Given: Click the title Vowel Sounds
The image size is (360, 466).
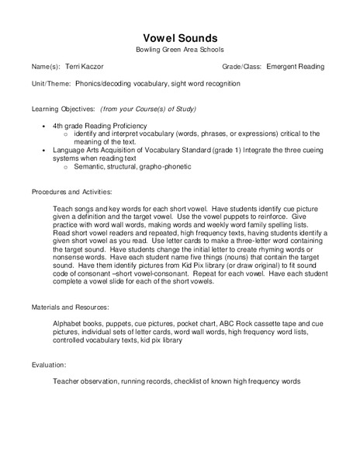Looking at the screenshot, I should [180, 38].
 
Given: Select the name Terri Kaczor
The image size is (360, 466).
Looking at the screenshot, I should [83, 68].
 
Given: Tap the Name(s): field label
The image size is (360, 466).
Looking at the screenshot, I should [47, 68].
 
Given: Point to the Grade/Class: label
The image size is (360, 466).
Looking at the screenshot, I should [241, 68].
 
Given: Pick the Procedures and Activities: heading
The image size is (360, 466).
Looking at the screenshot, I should [72, 191].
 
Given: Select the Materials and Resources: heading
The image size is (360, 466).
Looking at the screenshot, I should [72, 306].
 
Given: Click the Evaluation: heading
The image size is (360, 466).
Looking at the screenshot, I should [50, 363].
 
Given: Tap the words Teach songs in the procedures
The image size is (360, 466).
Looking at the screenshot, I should [75, 210].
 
